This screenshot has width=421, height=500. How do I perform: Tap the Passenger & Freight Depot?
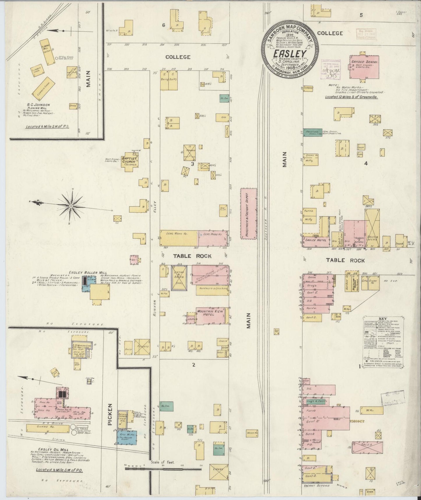pos(249,214)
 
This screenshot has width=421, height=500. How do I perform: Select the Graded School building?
pos(364,66)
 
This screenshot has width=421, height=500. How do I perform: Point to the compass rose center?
pos(71,206)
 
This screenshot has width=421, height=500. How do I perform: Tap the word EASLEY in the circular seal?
pos(289,53)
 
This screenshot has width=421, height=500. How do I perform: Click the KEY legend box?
pos(382,341)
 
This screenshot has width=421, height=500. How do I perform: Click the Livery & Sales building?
pos(179,278)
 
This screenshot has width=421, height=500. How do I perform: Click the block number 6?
pos(164,25)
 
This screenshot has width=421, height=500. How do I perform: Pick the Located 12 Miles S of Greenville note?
pos(351,97)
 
